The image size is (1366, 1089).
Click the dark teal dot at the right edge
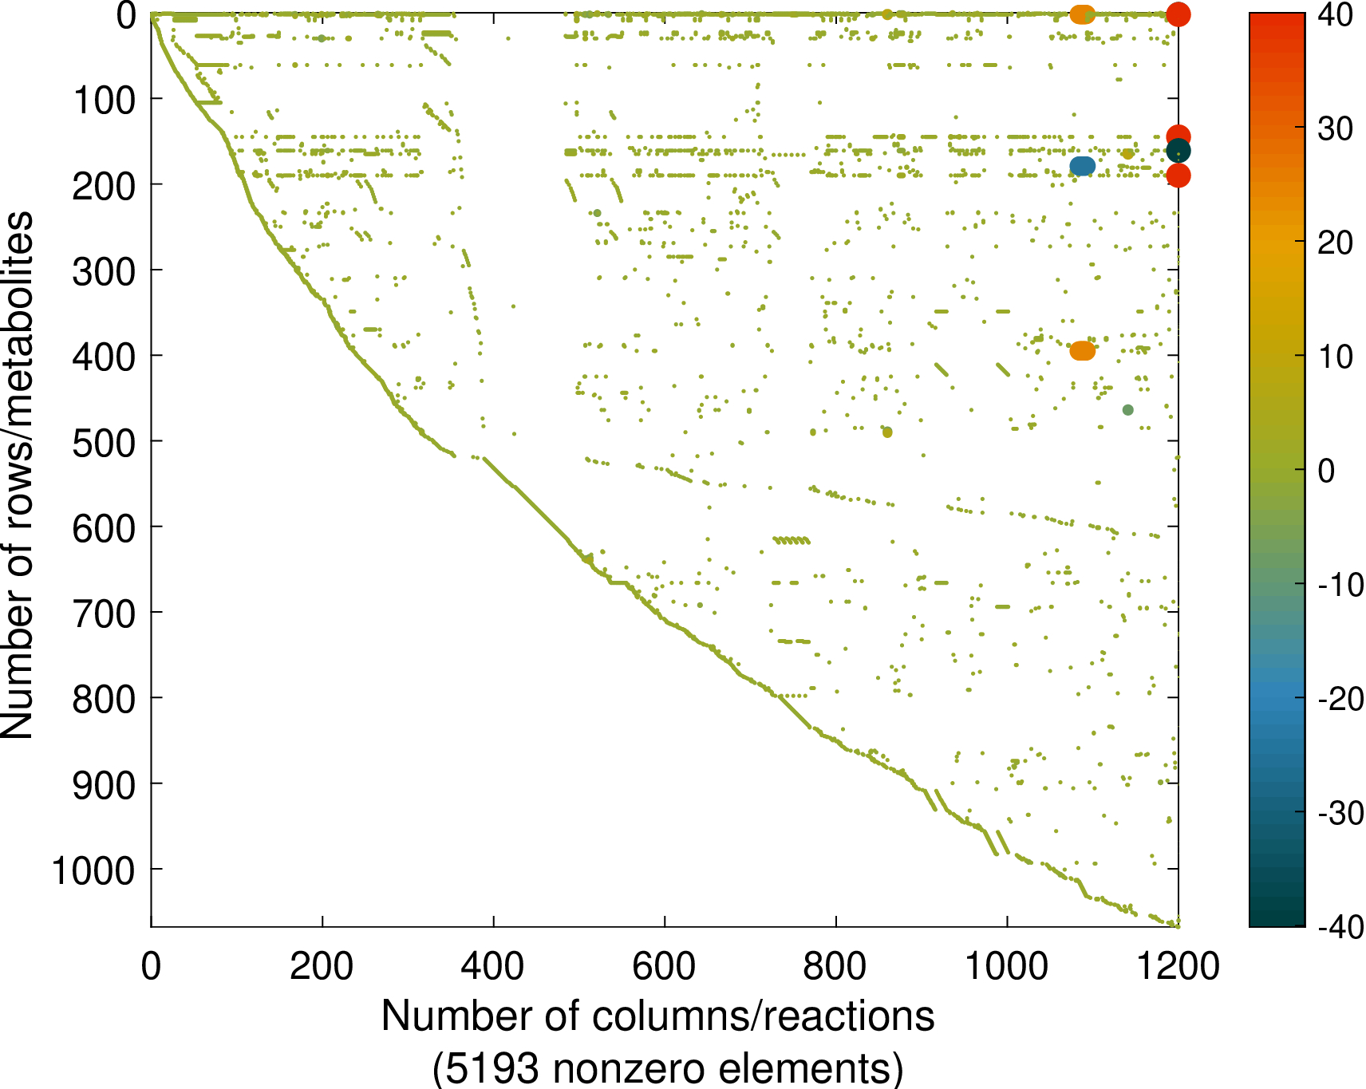pyautogui.click(x=1178, y=151)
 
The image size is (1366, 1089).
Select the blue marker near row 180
pyautogui.click(x=1083, y=166)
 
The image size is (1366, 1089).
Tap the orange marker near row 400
pyautogui.click(x=1083, y=350)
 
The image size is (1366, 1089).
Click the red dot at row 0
pyautogui.click(x=1178, y=14)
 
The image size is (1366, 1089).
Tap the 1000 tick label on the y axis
pyautogui.click(x=93, y=870)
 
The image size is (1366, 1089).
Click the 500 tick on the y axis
pyautogui.click(x=104, y=442)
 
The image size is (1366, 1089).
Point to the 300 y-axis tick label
pyautogui.click(x=104, y=271)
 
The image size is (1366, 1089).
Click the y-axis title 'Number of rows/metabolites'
pyautogui.click(x=18, y=475)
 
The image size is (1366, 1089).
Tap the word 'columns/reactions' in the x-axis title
pyautogui.click(x=763, y=1017)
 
